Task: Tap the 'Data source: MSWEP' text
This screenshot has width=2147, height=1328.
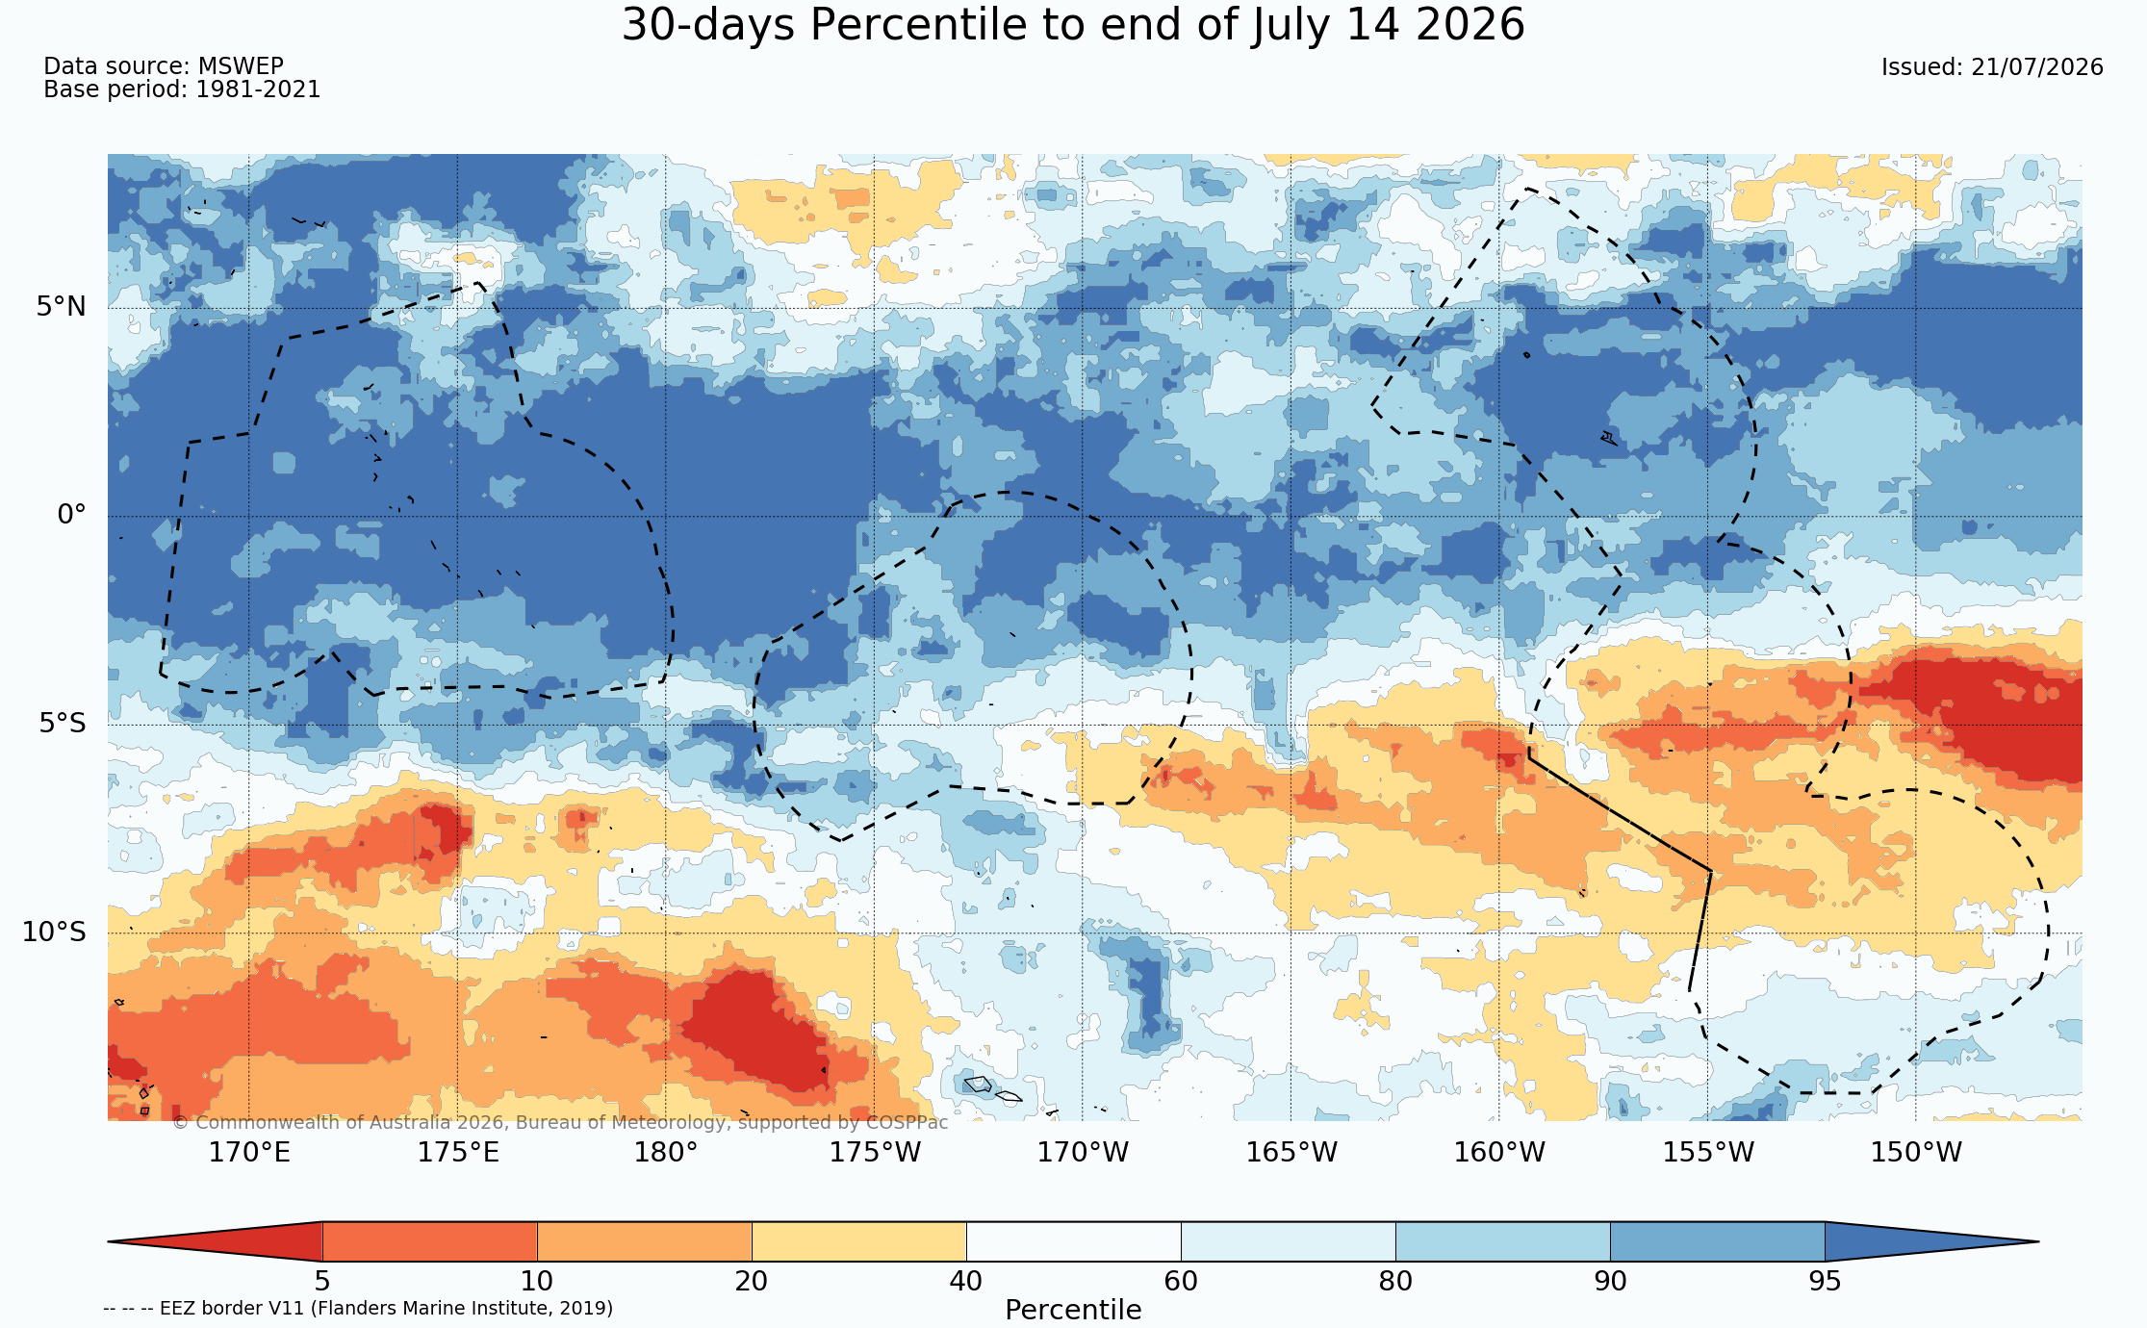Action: pos(164,66)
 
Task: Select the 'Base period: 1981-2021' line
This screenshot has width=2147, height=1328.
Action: pos(182,89)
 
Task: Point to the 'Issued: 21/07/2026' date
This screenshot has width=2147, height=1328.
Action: pos(1992,67)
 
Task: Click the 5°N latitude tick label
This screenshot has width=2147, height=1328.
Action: pos(62,307)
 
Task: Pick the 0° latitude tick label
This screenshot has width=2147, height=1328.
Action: pos(72,515)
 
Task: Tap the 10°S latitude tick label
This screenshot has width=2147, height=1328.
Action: pos(54,932)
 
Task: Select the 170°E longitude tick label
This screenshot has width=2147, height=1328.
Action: pos(249,1152)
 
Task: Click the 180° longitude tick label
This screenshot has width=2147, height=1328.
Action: pos(666,1152)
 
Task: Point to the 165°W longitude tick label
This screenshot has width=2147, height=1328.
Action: pos(1291,1152)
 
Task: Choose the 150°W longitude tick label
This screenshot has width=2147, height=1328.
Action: pos(1916,1152)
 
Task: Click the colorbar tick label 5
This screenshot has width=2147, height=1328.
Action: pos(322,1281)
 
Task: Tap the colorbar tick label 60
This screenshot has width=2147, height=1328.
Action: pos(1181,1281)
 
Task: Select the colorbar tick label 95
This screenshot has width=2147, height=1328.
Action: pos(1825,1281)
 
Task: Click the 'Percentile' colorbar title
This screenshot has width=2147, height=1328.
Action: pos(1073,1310)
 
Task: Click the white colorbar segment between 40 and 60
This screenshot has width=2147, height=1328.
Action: pos(1073,1241)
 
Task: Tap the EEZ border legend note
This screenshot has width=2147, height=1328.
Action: pos(358,1308)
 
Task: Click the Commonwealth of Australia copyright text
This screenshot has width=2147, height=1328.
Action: pos(560,1122)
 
